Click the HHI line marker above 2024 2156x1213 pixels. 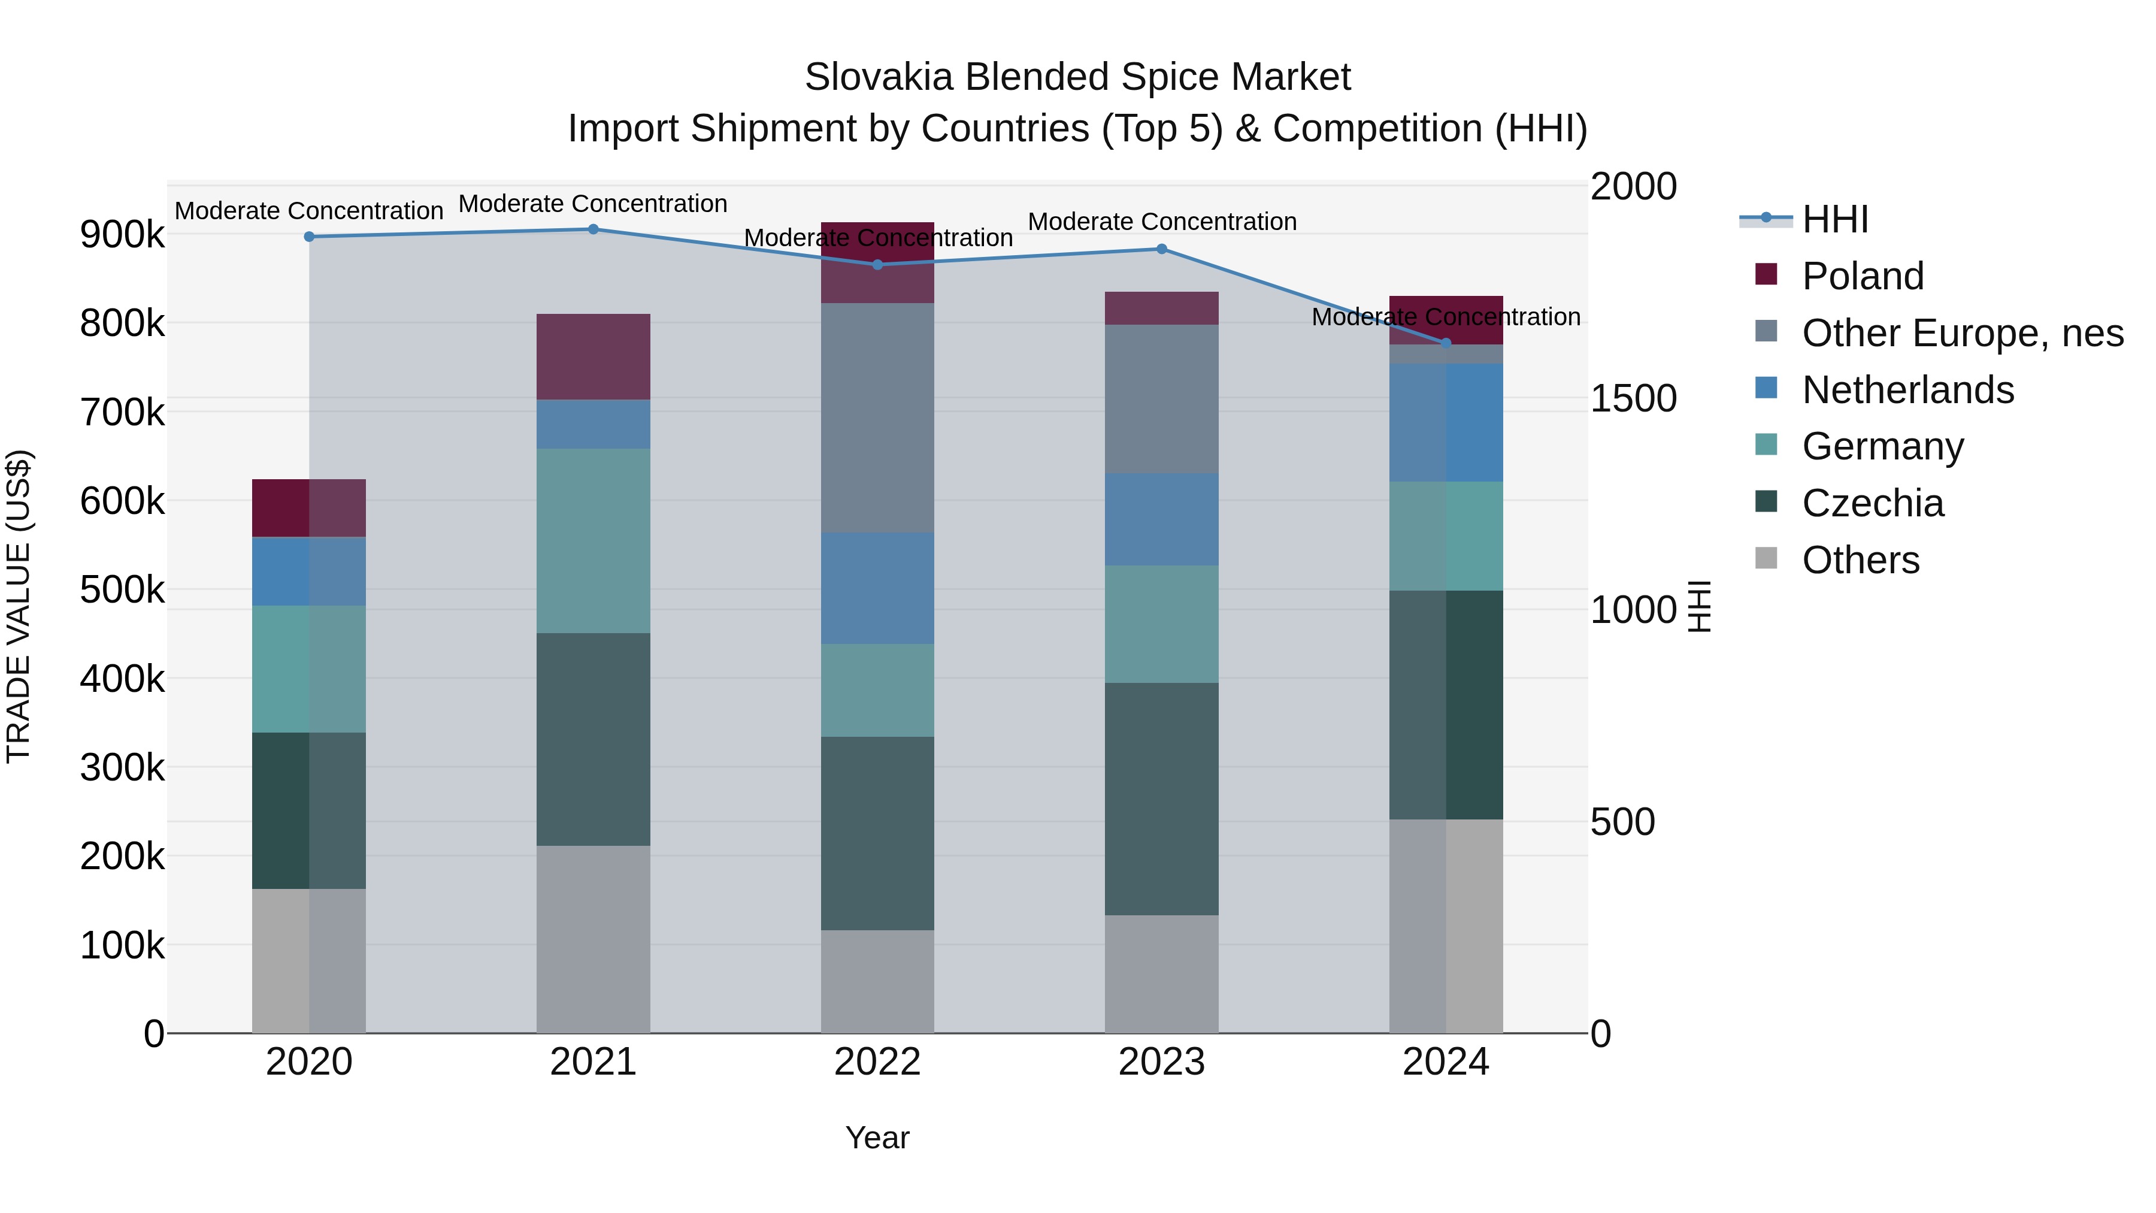[1446, 343]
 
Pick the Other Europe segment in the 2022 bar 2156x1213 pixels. [877, 417]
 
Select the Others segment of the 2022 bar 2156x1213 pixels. [877, 981]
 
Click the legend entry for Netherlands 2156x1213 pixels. [1907, 390]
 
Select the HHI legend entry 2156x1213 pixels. [1834, 219]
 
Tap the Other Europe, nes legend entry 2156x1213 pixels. [1962, 333]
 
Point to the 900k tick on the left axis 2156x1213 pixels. [122, 234]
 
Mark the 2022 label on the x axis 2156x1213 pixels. [877, 1062]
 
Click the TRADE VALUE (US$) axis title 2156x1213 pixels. [19, 606]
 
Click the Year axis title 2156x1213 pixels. [877, 1138]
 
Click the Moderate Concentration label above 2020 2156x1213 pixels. [309, 211]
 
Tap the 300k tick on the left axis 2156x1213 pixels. [122, 768]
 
